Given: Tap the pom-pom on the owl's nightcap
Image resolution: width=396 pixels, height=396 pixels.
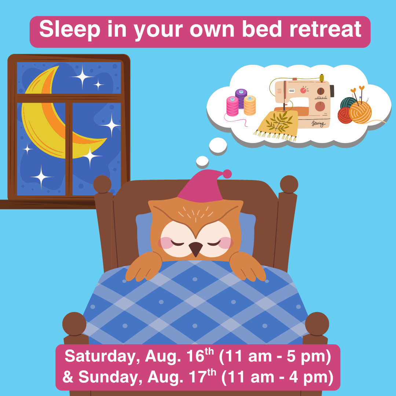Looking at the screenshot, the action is (x=227, y=174).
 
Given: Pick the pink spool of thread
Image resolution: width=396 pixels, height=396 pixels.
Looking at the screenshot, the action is (x=232, y=106).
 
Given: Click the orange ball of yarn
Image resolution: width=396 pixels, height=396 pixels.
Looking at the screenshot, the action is (x=360, y=113).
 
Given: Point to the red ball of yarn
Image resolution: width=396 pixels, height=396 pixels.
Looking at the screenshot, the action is (x=345, y=115).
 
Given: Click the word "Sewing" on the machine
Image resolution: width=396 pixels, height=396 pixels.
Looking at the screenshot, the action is (x=318, y=124).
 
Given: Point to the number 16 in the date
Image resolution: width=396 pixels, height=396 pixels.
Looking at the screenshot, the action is (x=195, y=356).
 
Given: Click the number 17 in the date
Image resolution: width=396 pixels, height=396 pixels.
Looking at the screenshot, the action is (x=198, y=377).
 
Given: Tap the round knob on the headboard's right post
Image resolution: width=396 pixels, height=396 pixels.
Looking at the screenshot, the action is (x=289, y=184).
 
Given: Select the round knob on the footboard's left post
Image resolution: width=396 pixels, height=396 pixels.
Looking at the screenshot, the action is (x=74, y=324).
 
